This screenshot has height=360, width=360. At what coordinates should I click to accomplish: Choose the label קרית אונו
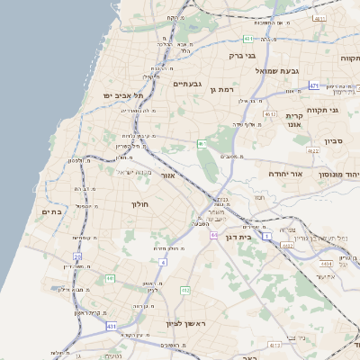293,121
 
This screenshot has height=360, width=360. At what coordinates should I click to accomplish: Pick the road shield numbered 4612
270,114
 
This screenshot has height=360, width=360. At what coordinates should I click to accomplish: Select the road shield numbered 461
202,143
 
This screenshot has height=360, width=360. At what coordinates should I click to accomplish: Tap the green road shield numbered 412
185,290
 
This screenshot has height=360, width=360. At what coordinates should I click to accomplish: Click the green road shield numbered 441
109,279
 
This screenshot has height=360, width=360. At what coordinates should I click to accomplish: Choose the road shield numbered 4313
274,345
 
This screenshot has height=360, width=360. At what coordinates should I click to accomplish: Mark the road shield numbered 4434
326,264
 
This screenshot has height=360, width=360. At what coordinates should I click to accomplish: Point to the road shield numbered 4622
312,150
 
